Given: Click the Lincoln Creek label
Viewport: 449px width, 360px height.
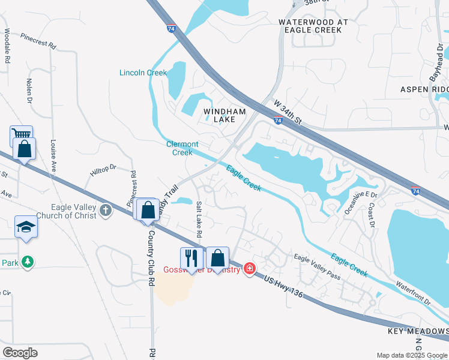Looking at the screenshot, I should pyautogui.click(x=143, y=73).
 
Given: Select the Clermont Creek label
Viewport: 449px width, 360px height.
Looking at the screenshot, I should pyautogui.click(x=182, y=148).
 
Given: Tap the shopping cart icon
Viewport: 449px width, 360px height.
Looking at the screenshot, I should pyautogui.click(x=20, y=136).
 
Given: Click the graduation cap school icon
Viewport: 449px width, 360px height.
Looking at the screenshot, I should pyautogui.click(x=26, y=227).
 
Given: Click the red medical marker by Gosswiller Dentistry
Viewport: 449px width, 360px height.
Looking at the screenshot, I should pyautogui.click(x=249, y=269).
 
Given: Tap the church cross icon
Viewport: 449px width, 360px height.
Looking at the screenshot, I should pyautogui.click(x=106, y=210).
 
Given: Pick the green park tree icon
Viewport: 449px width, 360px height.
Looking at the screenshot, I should pyautogui.click(x=26, y=262).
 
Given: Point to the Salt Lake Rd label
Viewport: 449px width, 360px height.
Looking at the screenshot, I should pyautogui.click(x=199, y=218).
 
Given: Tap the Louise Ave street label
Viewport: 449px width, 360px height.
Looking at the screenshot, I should pyautogui.click(x=53, y=156).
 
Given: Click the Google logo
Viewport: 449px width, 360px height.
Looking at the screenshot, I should pyautogui.click(x=20, y=353).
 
